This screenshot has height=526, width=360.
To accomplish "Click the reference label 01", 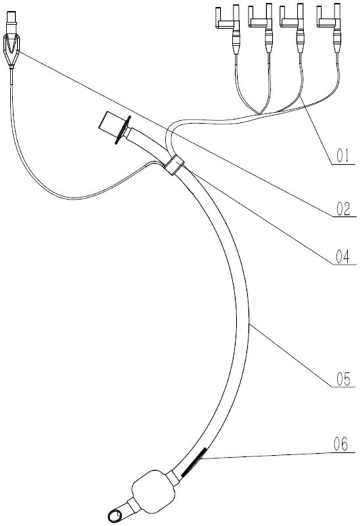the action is [342, 156].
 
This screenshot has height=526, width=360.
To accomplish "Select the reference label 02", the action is [343, 208].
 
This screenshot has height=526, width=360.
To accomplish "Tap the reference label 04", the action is [342, 256].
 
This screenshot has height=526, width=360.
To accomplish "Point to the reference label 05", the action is [343, 379].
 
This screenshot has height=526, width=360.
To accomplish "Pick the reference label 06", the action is [341, 444].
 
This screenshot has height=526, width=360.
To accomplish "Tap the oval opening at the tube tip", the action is [115, 515].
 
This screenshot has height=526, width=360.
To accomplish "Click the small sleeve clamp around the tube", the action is [173, 165].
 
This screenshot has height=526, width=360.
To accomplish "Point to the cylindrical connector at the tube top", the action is [108, 121].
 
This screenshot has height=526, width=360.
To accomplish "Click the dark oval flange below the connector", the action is [122, 130].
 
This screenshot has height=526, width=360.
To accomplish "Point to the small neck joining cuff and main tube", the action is [173, 477].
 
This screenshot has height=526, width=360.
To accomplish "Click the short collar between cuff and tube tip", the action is [132, 506].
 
